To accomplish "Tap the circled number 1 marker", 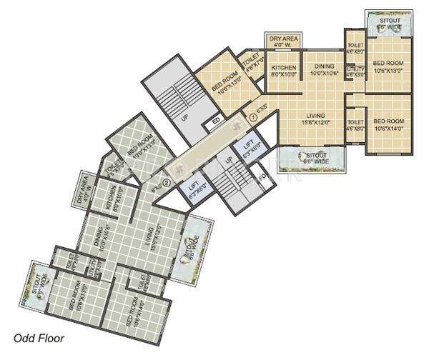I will [252, 119].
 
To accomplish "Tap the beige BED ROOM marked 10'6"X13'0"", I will [388, 67].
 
